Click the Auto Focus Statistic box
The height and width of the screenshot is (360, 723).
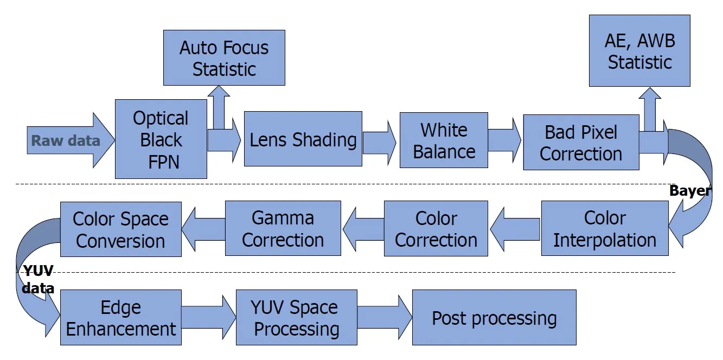coord(224,57)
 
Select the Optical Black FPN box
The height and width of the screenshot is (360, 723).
coord(161,139)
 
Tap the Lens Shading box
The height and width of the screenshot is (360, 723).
coord(303,139)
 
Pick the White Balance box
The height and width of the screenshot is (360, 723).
coord(444,140)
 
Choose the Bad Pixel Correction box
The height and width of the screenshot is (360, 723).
coord(580,143)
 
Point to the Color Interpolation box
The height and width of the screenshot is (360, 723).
coord(604,228)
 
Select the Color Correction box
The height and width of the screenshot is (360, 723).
coord(436,228)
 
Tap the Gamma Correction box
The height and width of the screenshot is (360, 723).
coord(283,228)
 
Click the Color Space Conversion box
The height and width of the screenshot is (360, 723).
coord(120,229)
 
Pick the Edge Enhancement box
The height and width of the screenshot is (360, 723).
coord(120,318)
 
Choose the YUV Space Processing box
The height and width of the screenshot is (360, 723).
coord(296,318)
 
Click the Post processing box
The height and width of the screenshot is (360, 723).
coord(494,318)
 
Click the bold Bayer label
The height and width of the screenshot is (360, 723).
coord(690,191)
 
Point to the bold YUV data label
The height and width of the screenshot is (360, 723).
coord(38,280)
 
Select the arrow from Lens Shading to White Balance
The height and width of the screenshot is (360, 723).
coord(380,142)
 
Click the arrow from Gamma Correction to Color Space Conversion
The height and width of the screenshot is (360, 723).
coord(203,229)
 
